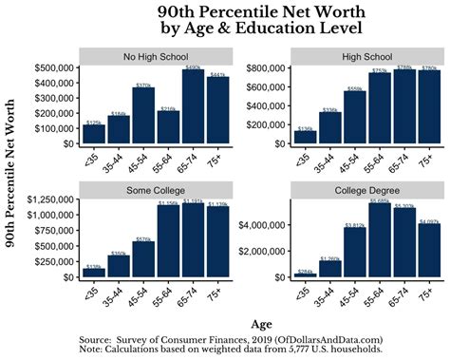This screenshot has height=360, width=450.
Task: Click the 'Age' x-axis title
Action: pyautogui.click(x=258, y=322)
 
